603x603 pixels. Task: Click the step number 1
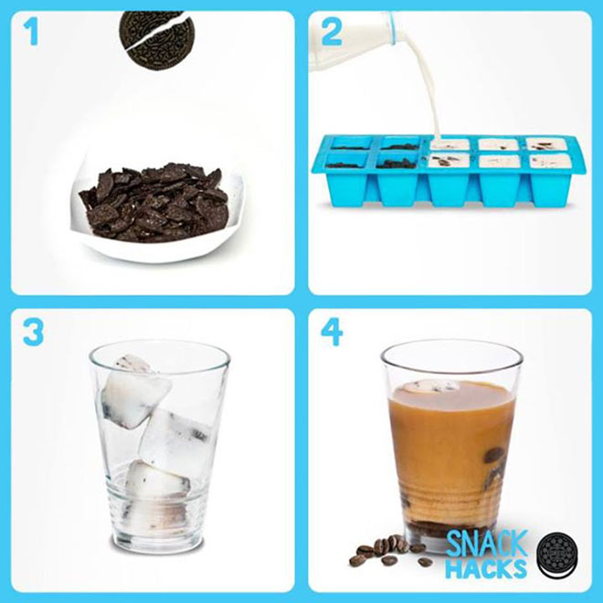[x=31, y=33]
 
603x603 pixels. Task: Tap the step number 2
[x=332, y=32]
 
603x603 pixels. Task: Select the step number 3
[x=33, y=332]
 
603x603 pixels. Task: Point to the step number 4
[x=332, y=332]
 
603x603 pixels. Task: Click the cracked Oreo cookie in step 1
[x=157, y=40]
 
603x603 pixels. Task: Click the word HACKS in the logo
[x=486, y=568]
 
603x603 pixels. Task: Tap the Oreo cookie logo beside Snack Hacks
[x=557, y=555]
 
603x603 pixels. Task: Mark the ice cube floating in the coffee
[x=433, y=386]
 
